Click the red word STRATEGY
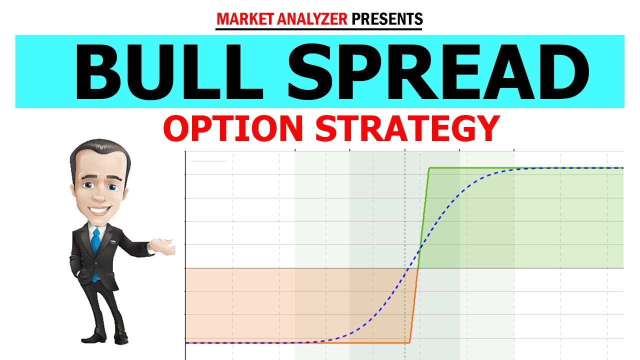coord(407,128)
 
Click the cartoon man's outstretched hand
coord(165,246)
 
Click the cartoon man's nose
coord(102,198)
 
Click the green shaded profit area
coord(525,220)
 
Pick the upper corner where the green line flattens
coord(429,168)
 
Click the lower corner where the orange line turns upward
coord(409,342)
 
